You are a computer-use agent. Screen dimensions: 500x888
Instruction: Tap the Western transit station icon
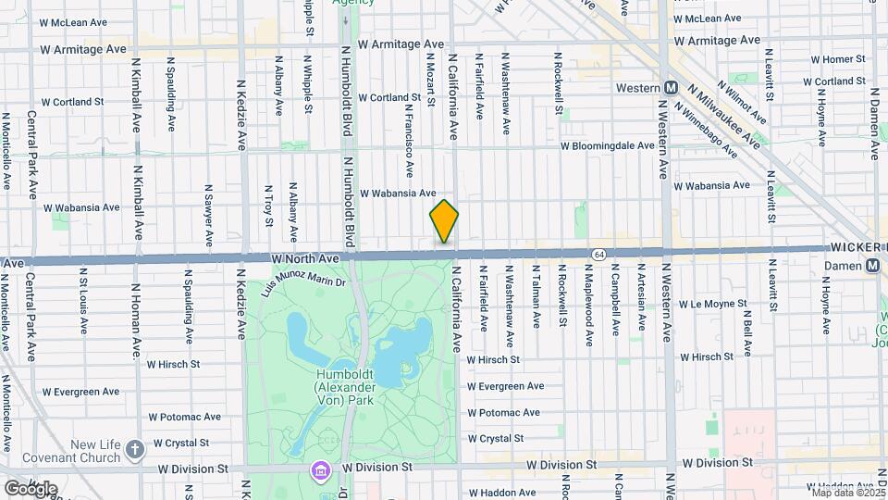[669, 88]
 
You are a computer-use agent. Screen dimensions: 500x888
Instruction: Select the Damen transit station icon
[872, 266]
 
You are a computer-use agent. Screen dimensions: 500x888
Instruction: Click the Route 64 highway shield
[599, 254]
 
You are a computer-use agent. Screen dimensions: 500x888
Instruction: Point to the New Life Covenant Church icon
[135, 450]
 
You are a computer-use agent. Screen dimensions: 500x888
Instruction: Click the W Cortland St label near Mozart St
[396, 97]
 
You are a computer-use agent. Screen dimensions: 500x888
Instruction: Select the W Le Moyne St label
[712, 304]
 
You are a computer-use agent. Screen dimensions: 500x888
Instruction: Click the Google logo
[31, 488]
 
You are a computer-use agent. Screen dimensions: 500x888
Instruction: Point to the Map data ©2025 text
[845, 493]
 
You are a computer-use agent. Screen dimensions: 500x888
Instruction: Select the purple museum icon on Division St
[322, 469]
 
